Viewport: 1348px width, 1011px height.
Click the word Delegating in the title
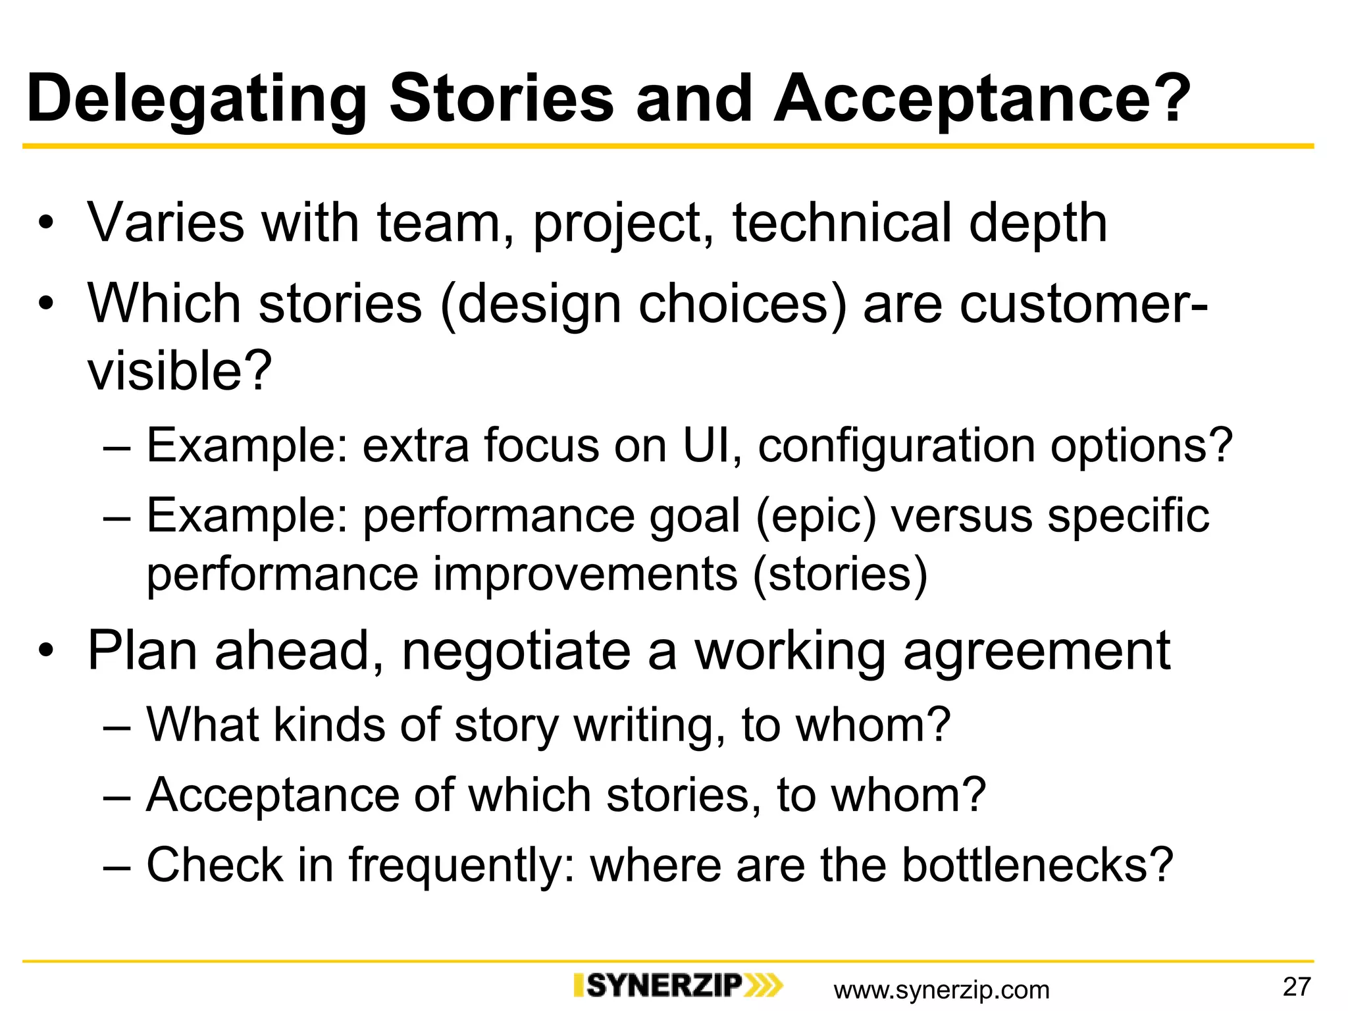tap(196, 100)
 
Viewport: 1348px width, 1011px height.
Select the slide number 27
tap(1297, 987)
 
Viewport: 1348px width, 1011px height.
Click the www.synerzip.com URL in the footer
tap(941, 990)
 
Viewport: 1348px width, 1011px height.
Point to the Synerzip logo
tap(678, 986)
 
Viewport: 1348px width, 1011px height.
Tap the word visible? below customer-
tap(180, 370)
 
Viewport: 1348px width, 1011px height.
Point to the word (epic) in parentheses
tap(816, 517)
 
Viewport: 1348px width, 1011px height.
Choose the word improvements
tap(585, 575)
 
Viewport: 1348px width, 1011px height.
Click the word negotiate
tap(516, 652)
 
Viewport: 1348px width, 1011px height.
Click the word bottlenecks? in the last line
tap(1037, 864)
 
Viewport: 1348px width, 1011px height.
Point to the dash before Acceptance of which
tap(117, 796)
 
